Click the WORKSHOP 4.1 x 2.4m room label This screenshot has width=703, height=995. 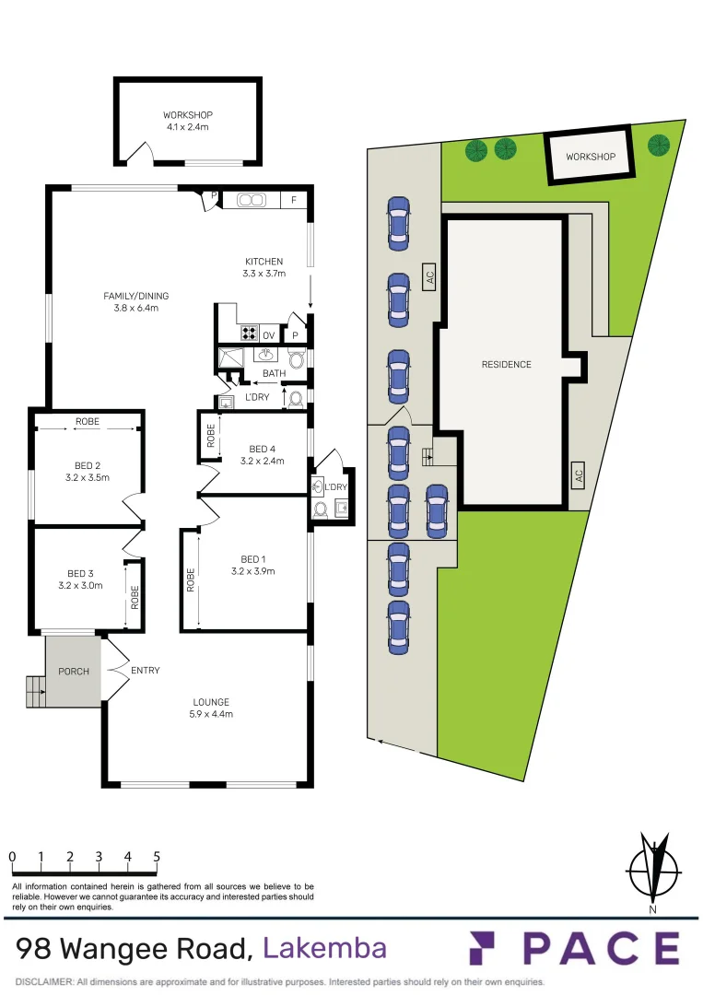[187, 121]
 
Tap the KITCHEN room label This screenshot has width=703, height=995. [264, 267]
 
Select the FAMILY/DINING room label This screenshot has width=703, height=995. [135, 301]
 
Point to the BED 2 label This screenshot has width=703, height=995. [88, 471]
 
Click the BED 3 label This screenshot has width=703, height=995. [81, 579]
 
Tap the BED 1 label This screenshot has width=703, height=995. [253, 565]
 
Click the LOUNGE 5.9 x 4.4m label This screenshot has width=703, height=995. [211, 708]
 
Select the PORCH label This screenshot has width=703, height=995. [74, 671]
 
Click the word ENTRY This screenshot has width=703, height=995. [146, 671]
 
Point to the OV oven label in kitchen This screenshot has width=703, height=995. [268, 335]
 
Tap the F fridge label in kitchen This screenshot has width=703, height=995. [294, 200]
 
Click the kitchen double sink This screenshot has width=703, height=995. [251, 200]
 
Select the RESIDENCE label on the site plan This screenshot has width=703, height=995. [506, 365]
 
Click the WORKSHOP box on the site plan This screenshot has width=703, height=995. [590, 157]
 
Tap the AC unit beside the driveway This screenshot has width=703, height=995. [428, 276]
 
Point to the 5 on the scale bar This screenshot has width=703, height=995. [157, 857]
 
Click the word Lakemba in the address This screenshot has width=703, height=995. [324, 948]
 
